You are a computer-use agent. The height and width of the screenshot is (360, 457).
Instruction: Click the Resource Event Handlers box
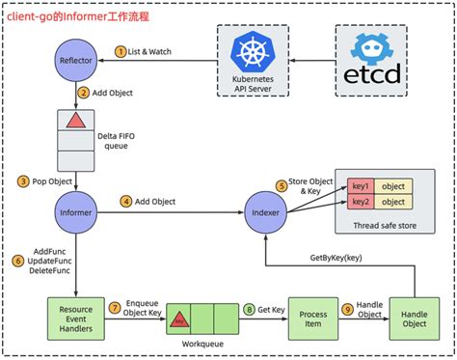click(x=74, y=319)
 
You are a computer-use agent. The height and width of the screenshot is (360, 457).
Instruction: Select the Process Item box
click(x=313, y=319)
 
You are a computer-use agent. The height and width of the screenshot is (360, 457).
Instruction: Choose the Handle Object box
click(x=414, y=319)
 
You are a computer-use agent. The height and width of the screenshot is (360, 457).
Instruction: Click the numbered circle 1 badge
click(x=121, y=49)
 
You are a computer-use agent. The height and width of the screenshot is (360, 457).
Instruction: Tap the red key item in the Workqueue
click(x=180, y=317)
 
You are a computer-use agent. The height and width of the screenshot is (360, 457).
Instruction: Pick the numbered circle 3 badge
click(x=24, y=180)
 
